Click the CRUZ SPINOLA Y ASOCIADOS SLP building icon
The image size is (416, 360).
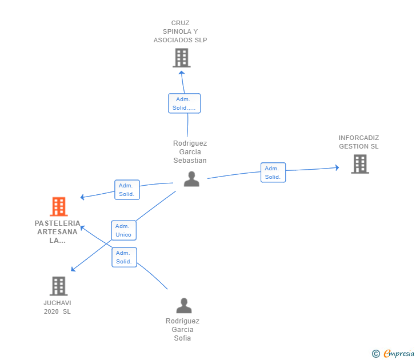point(182,58)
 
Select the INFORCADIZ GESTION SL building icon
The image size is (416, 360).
point(360,164)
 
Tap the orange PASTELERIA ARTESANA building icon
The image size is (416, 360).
point(59,207)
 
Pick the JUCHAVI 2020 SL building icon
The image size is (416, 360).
point(59,286)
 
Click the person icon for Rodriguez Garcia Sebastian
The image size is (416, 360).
point(191,179)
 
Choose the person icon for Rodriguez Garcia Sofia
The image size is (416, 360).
point(184,306)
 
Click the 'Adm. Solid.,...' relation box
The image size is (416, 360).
point(185,103)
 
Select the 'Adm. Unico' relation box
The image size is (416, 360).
point(123,230)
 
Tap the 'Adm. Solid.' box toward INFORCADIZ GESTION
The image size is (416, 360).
point(273,173)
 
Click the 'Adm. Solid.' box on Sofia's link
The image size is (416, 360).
point(124,257)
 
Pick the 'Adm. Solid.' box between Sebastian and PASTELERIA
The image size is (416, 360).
point(127,190)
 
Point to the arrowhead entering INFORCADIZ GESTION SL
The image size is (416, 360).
point(337,167)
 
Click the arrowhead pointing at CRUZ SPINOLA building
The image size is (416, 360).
point(182,73)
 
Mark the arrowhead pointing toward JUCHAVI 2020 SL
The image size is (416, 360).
point(73,269)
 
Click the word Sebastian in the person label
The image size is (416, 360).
point(190,161)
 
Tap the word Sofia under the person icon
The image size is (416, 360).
point(182,338)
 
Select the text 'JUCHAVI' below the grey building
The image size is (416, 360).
point(57,303)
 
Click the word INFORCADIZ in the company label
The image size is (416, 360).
point(359,138)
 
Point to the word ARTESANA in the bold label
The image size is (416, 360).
point(57,232)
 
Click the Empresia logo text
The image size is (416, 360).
point(399,353)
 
